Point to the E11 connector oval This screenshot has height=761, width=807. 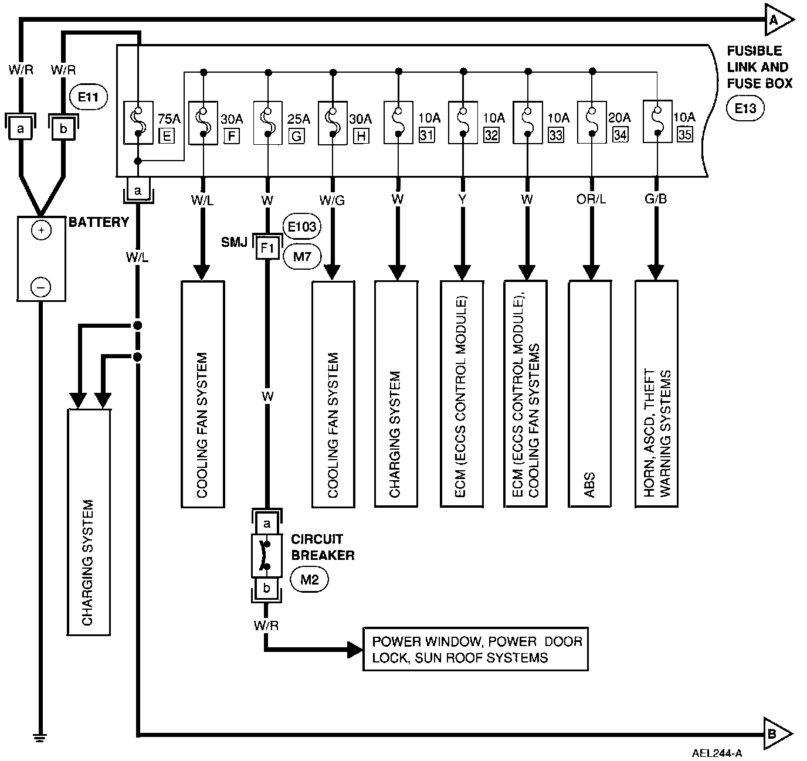[x=89, y=97]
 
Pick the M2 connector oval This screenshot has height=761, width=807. [x=309, y=579]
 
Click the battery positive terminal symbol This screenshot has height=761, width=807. [x=40, y=231]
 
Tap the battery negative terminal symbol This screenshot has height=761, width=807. [x=40, y=287]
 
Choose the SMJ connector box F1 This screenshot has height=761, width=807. [x=267, y=248]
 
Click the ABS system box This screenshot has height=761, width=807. [x=590, y=393]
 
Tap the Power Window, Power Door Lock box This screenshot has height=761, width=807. [x=476, y=650]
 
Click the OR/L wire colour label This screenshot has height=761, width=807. [x=591, y=200]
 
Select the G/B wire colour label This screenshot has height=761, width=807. [x=656, y=200]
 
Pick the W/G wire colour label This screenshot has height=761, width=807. [x=333, y=201]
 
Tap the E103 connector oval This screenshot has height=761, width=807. [x=303, y=226]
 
